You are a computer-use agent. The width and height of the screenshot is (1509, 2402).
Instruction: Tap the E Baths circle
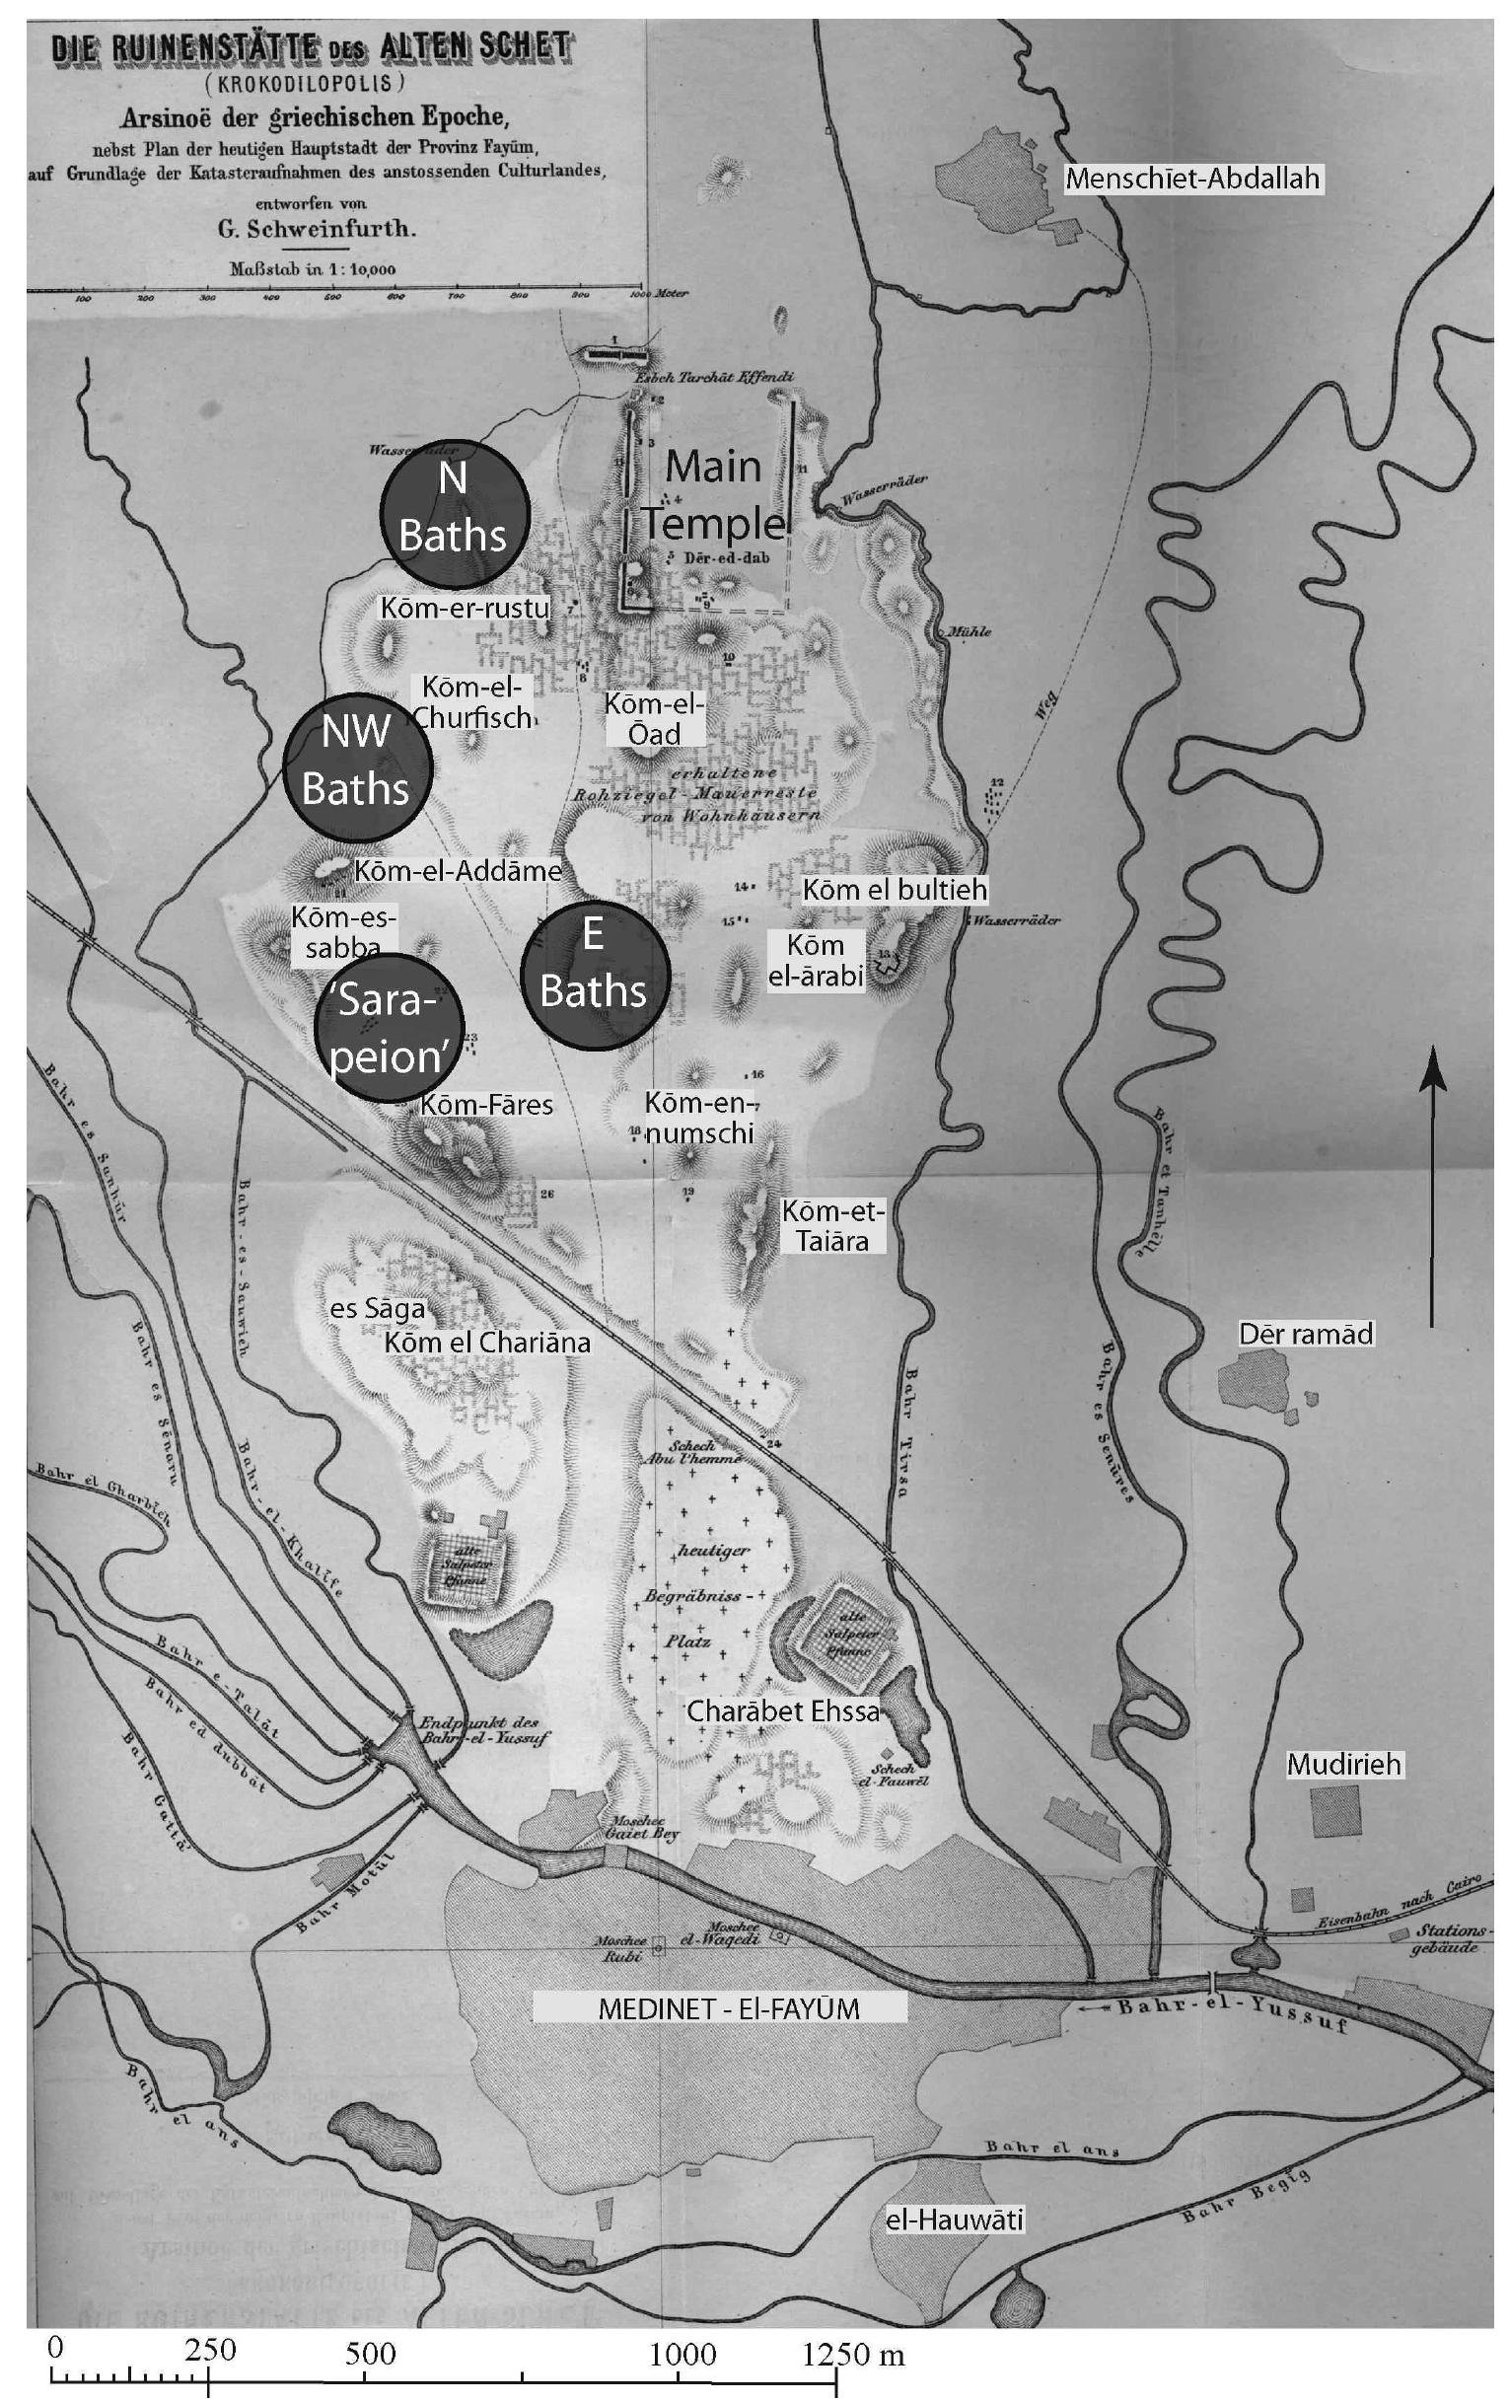click(595, 967)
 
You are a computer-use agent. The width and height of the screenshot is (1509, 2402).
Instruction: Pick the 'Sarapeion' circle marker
click(389, 1027)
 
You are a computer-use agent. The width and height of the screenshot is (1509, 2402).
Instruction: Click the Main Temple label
click(713, 495)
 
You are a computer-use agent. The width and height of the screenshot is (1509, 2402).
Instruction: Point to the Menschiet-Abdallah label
click(1191, 179)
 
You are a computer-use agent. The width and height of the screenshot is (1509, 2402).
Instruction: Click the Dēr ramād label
click(1306, 1334)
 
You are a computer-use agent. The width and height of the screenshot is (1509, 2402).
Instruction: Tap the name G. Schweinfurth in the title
click(315, 229)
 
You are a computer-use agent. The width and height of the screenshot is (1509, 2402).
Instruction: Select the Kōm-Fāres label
click(485, 1104)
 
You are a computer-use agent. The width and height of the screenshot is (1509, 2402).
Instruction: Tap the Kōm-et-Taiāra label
click(831, 1226)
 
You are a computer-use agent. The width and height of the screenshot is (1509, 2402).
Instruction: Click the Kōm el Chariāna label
click(487, 1342)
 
